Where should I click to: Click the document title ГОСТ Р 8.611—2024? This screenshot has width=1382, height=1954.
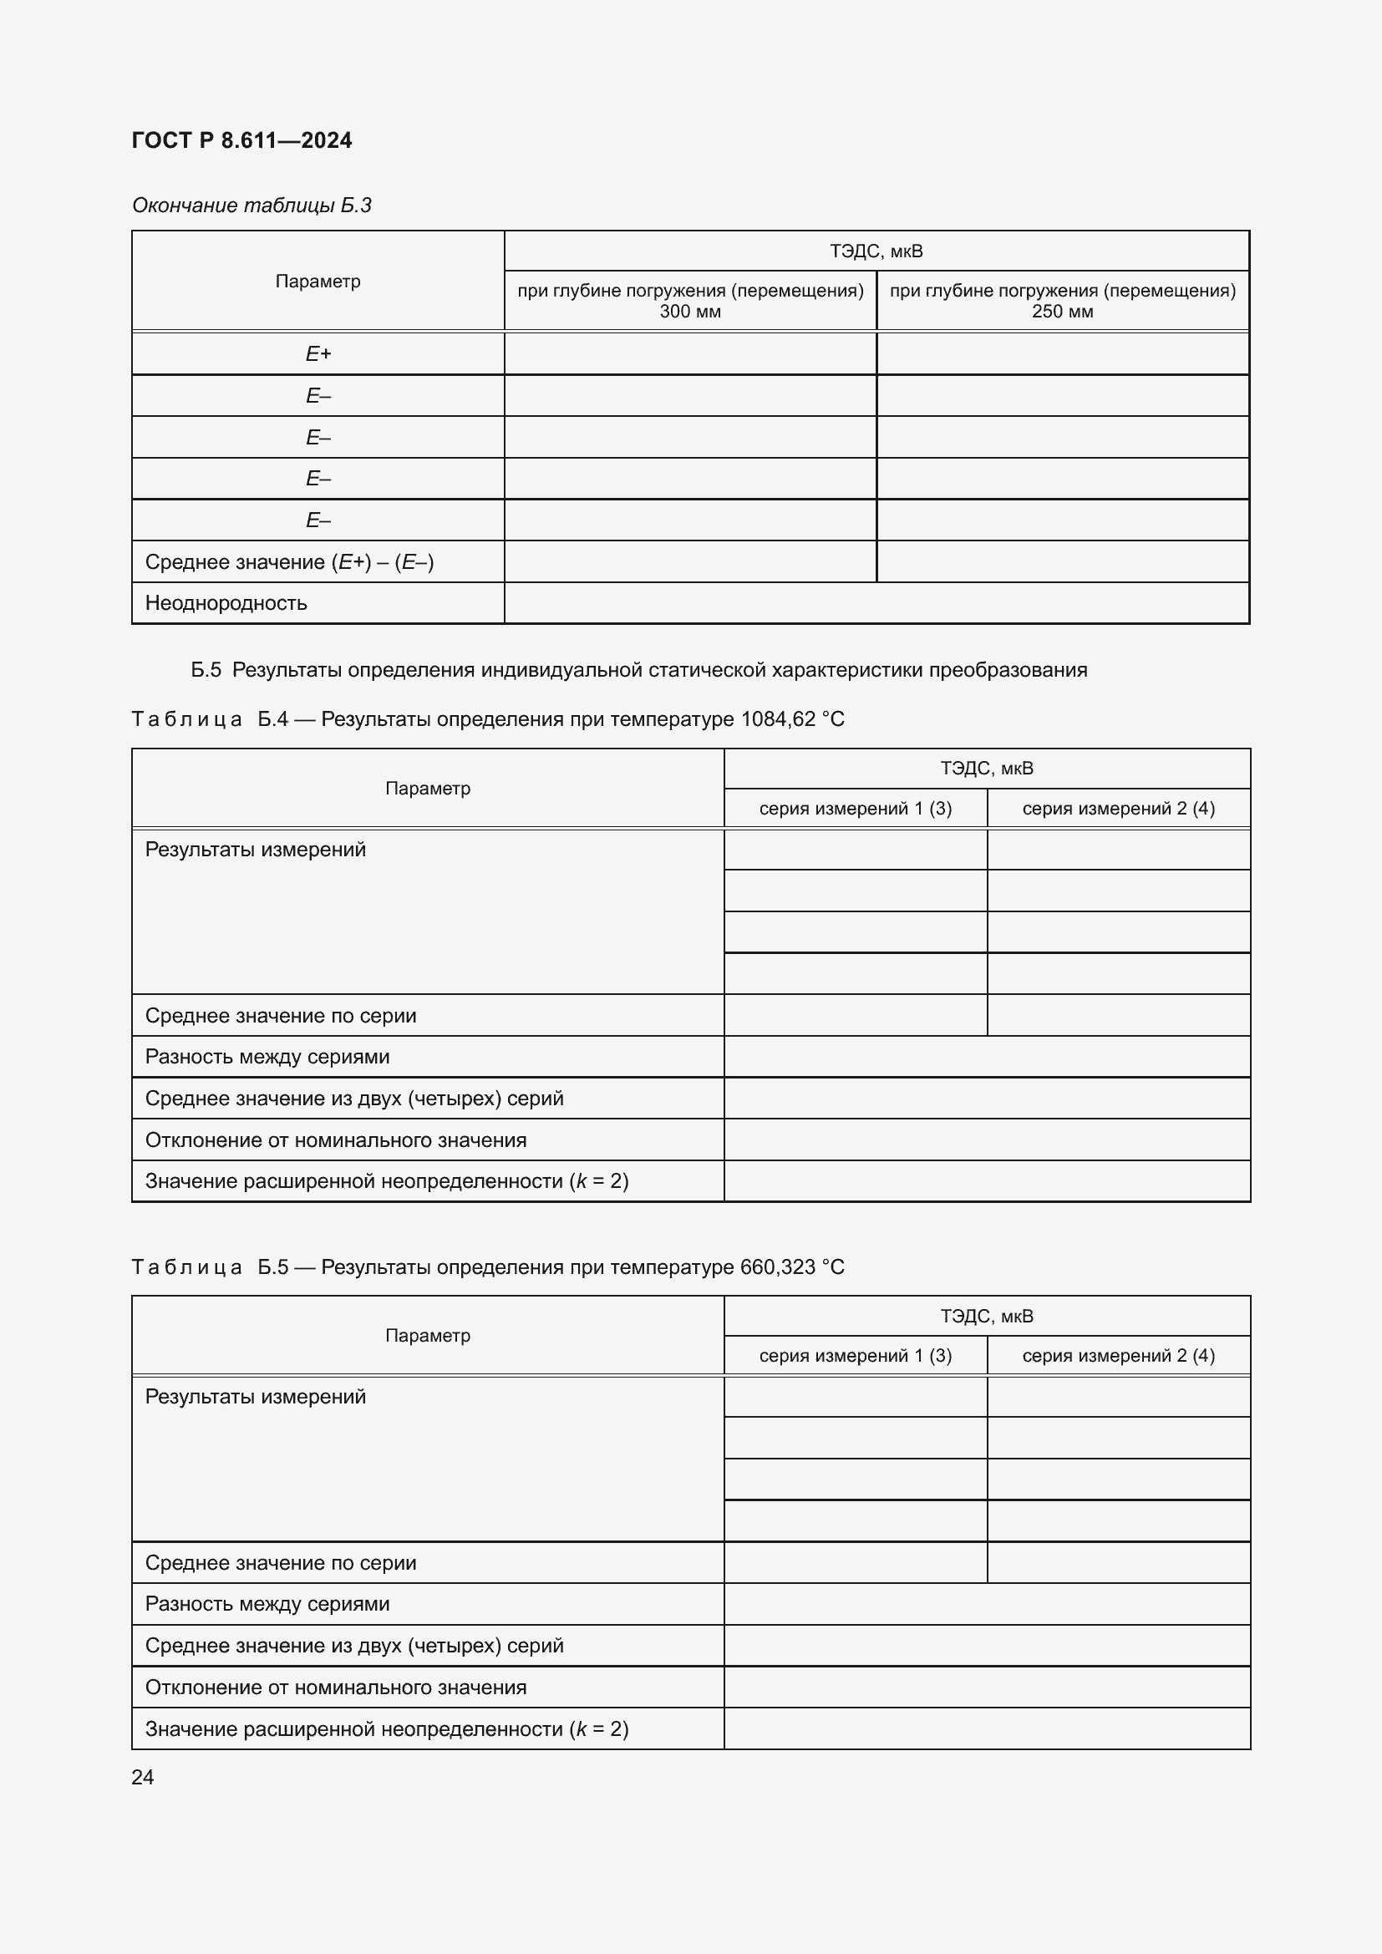241,140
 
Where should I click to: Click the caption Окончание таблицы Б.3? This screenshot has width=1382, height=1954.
251,206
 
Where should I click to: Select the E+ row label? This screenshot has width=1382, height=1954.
318,353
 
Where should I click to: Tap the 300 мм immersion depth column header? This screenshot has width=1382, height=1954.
690,301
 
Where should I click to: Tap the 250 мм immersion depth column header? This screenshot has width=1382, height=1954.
1062,301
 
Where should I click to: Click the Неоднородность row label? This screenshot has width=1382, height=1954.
226,603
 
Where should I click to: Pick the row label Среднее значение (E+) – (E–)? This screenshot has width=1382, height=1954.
289,561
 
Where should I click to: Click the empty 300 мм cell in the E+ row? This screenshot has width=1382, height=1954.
690,353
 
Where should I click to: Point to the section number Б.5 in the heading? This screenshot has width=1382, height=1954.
205,670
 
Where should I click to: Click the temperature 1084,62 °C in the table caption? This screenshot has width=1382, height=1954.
792,719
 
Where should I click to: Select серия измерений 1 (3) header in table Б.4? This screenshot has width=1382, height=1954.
856,809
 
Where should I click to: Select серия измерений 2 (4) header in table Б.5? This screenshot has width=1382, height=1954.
1118,1356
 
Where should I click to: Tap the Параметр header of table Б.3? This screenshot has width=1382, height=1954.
318,281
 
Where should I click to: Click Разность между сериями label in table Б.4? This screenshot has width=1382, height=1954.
267,1057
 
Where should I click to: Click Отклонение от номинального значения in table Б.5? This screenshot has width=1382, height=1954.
335,1687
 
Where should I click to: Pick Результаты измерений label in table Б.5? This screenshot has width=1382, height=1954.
256,1397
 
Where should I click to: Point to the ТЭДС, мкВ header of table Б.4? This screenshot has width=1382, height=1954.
986,769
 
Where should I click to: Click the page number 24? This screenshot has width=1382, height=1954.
143,1777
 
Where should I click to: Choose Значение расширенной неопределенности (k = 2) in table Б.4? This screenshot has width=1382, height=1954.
386,1181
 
